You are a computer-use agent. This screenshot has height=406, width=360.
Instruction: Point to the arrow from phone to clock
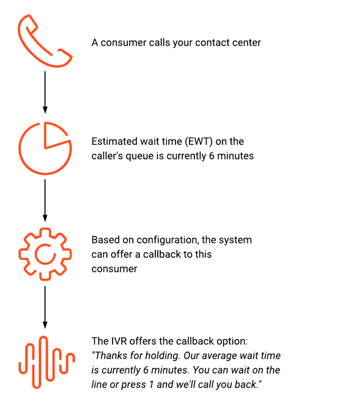pos(45,92)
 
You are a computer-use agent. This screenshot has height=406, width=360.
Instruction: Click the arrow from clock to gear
pos(45,201)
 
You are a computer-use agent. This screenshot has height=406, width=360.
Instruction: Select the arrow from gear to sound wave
pos(45,308)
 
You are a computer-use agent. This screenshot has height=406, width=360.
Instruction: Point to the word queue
pos(139,157)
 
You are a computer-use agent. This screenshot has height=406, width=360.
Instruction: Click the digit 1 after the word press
pos(152,385)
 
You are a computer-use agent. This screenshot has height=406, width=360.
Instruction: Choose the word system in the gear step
pos(235,240)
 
